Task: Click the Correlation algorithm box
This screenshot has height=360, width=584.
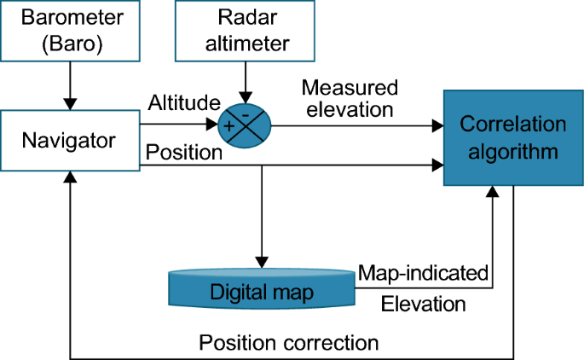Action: click(512, 138)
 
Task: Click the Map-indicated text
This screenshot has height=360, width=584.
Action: click(423, 272)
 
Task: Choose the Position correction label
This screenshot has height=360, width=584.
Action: click(288, 343)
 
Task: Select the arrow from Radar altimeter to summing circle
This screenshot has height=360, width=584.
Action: click(246, 80)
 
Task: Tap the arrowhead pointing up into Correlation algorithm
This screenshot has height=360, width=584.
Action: click(492, 193)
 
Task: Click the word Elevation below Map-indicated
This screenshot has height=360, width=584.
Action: click(423, 303)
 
